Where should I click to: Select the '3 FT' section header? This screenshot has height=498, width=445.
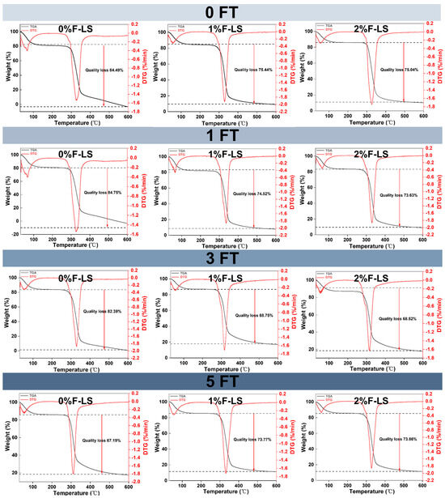coord(222,258)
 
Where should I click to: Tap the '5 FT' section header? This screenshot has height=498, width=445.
coord(222,381)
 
